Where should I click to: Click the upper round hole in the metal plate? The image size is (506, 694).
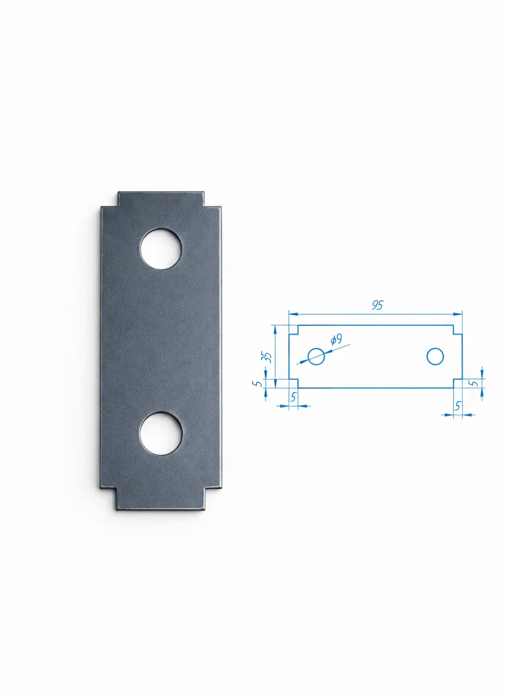click(160, 249)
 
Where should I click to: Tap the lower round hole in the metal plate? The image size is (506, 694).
click(160, 434)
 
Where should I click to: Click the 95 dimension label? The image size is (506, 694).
click(377, 305)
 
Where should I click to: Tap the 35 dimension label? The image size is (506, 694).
click(266, 357)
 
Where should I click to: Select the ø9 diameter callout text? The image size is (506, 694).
click(336, 340)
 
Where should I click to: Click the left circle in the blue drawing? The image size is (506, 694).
click(316, 356)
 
